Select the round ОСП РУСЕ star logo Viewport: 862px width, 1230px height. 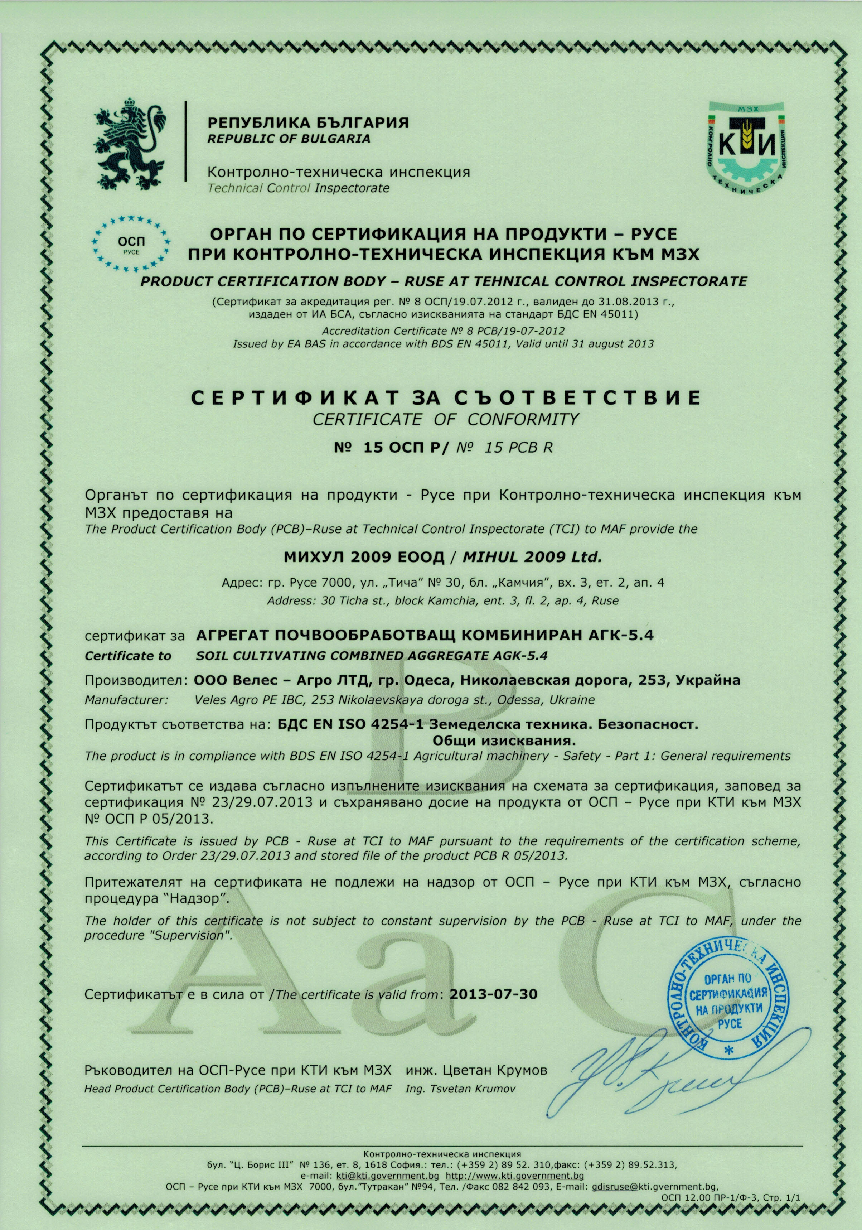tap(131, 243)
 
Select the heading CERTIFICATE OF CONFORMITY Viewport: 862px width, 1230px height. tap(445, 419)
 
